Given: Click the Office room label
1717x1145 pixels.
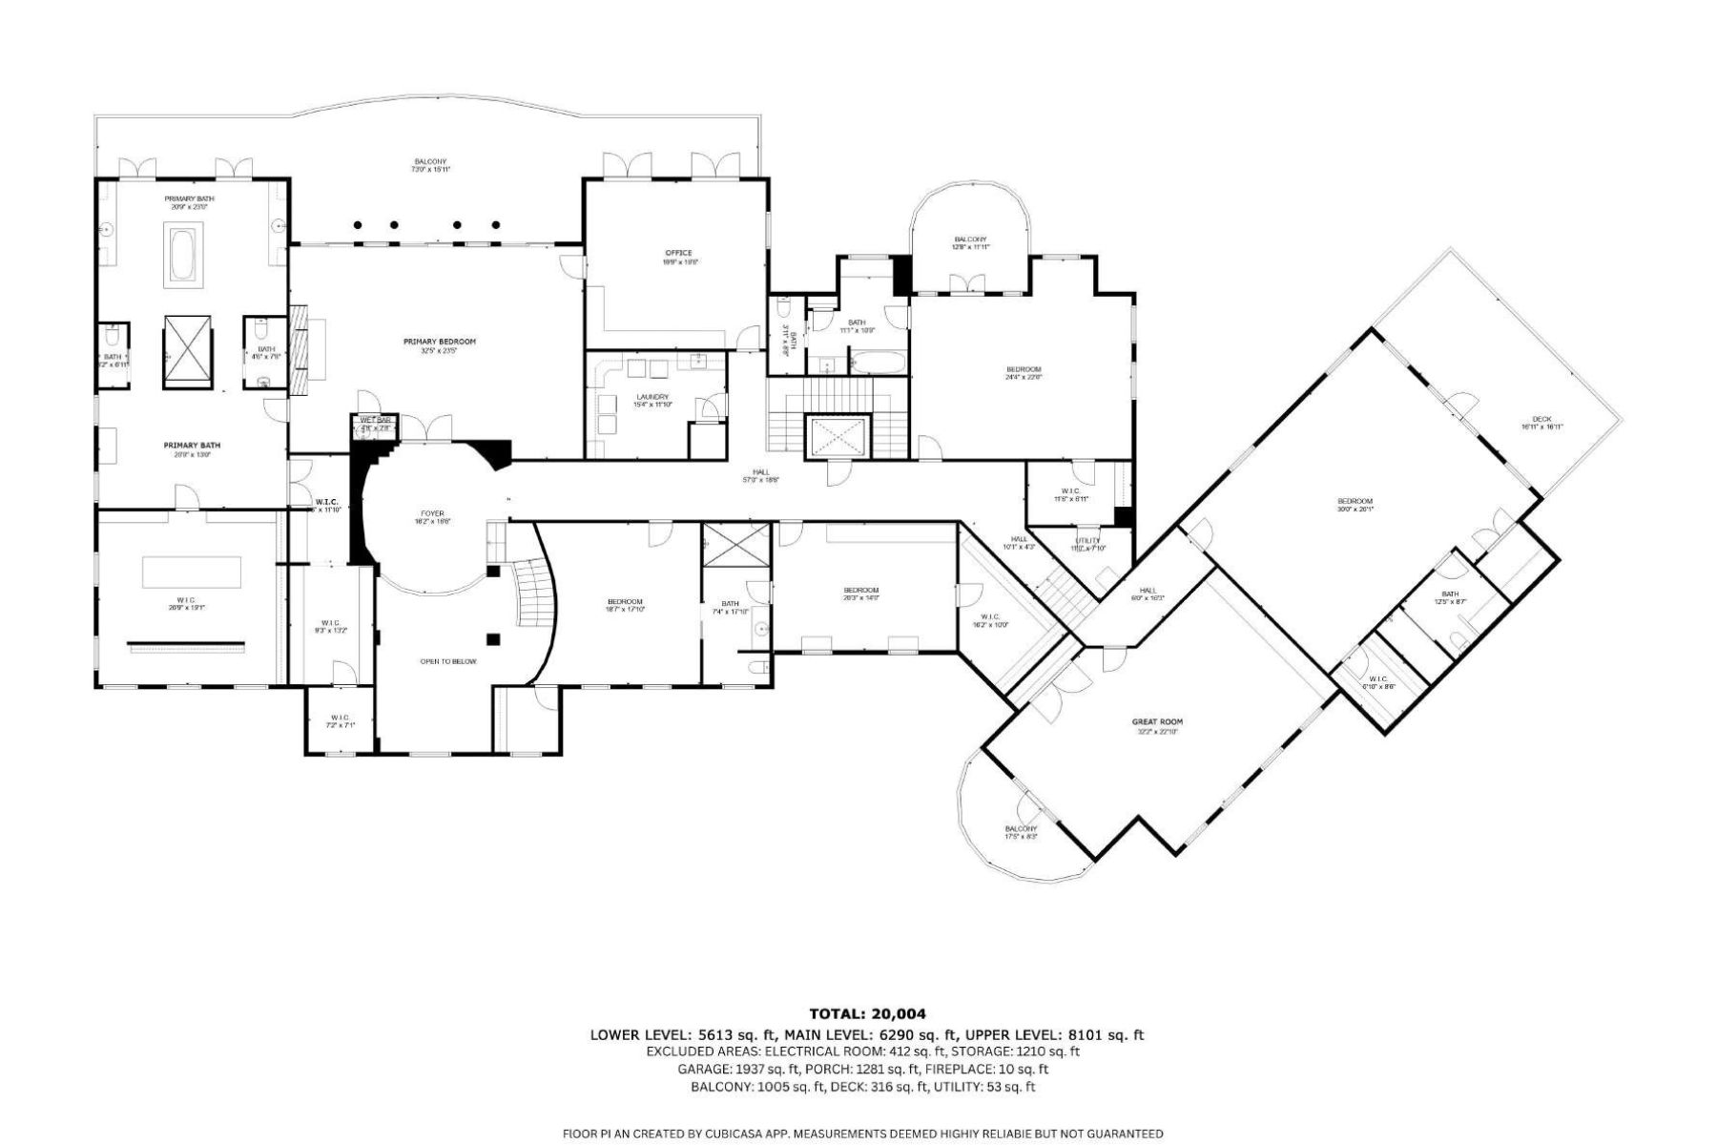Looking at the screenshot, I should click(x=678, y=257).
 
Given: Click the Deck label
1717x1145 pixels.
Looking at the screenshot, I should click(x=1541, y=423).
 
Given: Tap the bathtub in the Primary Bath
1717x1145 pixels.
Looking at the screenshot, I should click(x=184, y=254).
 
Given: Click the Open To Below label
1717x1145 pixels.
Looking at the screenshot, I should click(x=447, y=661).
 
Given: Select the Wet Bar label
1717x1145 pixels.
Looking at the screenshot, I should click(x=376, y=424).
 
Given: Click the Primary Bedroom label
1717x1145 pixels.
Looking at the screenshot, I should click(x=439, y=345).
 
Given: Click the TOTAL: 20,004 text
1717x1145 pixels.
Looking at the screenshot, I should click(x=867, y=1014).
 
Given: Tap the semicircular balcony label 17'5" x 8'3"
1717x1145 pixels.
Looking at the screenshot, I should click(x=1020, y=832).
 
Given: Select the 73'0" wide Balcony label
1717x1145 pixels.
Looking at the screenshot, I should click(x=430, y=165).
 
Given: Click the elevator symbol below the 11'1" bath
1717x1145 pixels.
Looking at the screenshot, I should click(x=838, y=439).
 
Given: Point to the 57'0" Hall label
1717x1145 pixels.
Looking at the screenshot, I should click(x=760, y=475).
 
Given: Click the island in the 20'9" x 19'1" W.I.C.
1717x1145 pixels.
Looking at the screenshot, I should click(x=192, y=572).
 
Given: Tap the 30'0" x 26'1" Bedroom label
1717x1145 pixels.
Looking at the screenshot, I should click(x=1354, y=505).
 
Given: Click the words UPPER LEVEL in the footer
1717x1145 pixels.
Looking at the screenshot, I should click(x=1011, y=1034).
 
